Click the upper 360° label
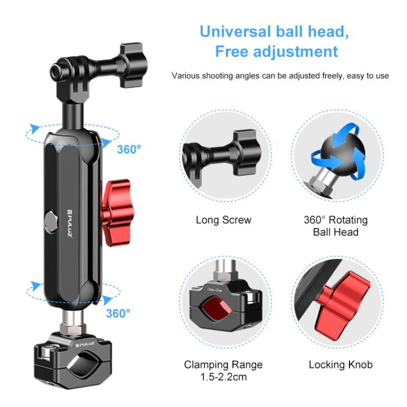[x=129, y=150]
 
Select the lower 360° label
[x=118, y=313]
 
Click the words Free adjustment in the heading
[x=276, y=52]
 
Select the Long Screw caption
[x=224, y=220]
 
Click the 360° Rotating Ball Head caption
[x=335, y=226]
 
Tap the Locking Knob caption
[x=341, y=365]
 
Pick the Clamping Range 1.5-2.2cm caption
[x=223, y=370]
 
